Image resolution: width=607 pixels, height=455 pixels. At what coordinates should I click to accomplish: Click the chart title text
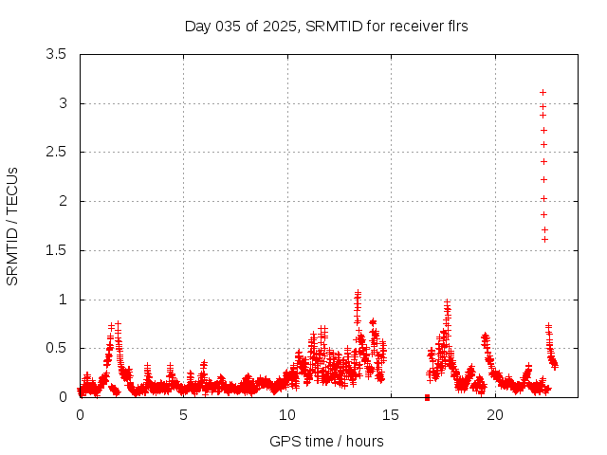(x=326, y=27)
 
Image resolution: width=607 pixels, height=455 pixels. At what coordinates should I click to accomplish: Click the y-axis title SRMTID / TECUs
(x=12, y=226)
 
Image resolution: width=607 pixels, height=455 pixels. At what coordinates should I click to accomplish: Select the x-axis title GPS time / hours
(x=326, y=441)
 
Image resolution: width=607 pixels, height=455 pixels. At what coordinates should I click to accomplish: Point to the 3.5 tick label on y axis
(x=56, y=54)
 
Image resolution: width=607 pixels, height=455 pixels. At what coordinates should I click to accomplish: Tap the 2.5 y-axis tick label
(x=56, y=152)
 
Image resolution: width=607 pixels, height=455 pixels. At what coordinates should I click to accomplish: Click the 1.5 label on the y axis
(x=56, y=250)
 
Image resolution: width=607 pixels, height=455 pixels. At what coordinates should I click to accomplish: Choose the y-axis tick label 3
(x=63, y=103)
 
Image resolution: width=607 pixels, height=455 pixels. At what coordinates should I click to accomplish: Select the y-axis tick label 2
(x=63, y=201)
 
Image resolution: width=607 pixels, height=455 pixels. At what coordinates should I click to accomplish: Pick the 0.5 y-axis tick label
(x=56, y=348)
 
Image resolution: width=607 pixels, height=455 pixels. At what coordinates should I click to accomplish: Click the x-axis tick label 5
(x=183, y=415)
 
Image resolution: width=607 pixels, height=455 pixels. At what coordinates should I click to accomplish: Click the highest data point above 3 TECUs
(x=543, y=92)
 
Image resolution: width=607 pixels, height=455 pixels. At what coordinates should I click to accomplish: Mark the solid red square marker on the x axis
(x=427, y=397)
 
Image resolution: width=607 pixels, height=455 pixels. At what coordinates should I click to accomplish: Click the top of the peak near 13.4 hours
(x=358, y=294)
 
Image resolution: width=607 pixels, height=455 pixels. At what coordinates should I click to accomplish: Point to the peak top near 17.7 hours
(x=447, y=302)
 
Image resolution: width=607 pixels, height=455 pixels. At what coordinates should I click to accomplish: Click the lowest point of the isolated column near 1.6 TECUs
(x=544, y=239)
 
